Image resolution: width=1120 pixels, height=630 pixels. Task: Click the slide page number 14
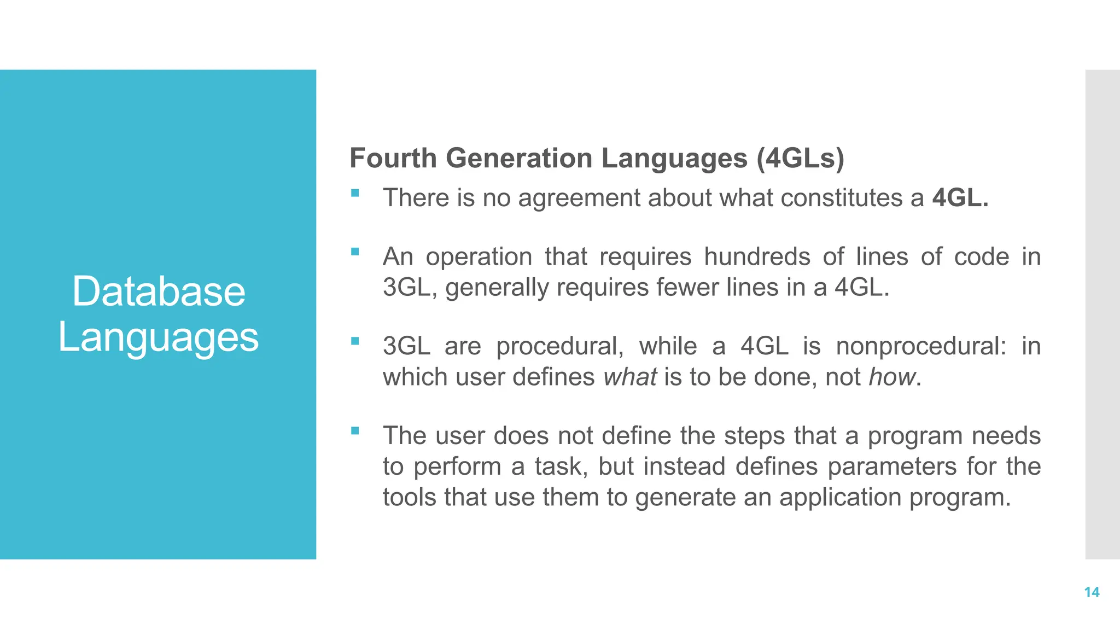1092,592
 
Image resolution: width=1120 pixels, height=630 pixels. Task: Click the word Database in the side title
159,291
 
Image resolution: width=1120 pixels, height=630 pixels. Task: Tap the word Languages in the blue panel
159,337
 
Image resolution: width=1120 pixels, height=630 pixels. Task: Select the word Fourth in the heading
393,159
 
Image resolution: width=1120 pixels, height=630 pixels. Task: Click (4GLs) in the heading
801,159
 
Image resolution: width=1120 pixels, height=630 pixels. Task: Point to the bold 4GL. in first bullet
960,198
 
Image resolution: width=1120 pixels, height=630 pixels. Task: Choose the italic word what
630,377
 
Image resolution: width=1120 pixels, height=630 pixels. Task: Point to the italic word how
892,377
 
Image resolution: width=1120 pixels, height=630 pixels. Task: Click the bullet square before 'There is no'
355,193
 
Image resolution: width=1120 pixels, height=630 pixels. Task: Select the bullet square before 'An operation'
355,252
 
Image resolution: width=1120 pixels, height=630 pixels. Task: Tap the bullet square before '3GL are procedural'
355,341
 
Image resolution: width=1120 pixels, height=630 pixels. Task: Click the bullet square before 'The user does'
355,431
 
